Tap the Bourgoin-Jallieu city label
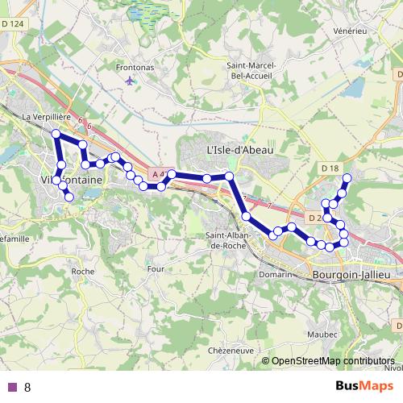tap(351, 275)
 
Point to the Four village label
tap(156, 268)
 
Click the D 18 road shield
tap(329, 168)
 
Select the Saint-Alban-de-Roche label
tap(231, 240)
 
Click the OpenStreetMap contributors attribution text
tap(333, 361)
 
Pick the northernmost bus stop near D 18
tap(347, 177)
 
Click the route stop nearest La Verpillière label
tap(56, 133)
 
